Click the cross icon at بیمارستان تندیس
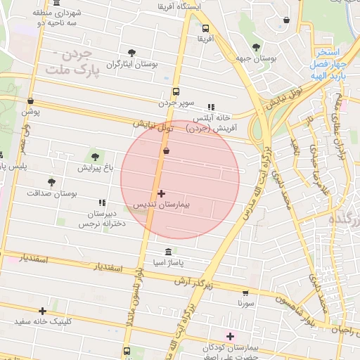coord(162,193)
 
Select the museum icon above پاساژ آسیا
coord(167,252)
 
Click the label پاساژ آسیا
coord(167,263)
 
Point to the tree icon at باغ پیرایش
coord(95,157)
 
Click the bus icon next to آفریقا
coord(205,29)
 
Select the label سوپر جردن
coord(175,103)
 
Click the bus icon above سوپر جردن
coord(175,91)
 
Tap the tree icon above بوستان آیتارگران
coord(131,52)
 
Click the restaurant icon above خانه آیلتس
coord(210,107)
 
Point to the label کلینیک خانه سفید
coord(44,321)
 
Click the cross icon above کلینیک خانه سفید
coord(44,310)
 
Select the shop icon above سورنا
coord(245,292)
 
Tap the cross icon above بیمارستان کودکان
coord(230,336)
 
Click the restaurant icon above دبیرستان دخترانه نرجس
coord(103,202)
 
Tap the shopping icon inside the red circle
coord(166,150)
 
